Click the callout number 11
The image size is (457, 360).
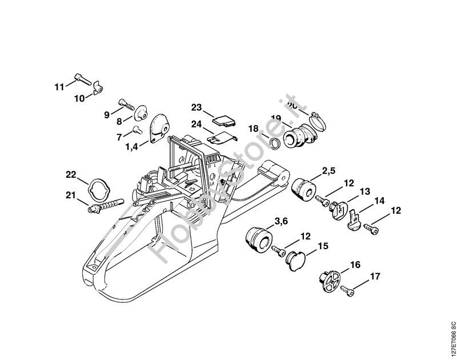tap(59, 87)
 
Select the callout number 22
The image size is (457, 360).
tap(70, 174)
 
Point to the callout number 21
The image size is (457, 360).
tap(70, 195)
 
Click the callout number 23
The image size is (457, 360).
tap(197, 107)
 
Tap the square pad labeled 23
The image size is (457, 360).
tap(222, 119)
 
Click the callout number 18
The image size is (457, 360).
tap(254, 128)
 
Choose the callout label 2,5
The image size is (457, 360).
tap(328, 170)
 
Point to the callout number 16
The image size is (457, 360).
tap(355, 265)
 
